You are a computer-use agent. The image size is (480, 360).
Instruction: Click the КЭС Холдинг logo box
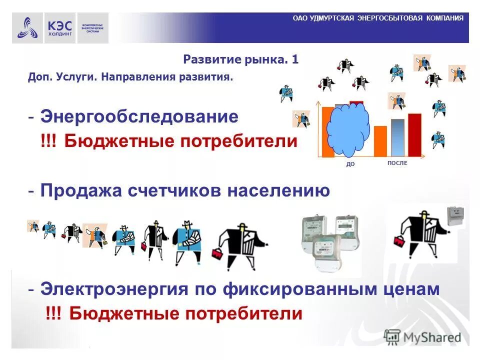[60, 28]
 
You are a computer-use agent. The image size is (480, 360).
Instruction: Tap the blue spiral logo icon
[27, 28]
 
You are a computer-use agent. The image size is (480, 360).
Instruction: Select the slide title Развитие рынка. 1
[241, 60]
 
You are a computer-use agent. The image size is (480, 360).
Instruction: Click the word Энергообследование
[139, 117]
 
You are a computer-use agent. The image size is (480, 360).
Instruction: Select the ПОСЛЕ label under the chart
[397, 163]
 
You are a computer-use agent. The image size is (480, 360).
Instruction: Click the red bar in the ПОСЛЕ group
[414, 135]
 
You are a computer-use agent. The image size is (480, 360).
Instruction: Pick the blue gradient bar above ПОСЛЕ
[397, 137]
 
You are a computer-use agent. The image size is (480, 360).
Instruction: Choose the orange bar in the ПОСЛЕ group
[380, 141]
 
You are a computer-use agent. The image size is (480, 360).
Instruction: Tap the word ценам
[413, 289]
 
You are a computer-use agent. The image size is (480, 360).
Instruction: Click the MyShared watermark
[423, 337]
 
